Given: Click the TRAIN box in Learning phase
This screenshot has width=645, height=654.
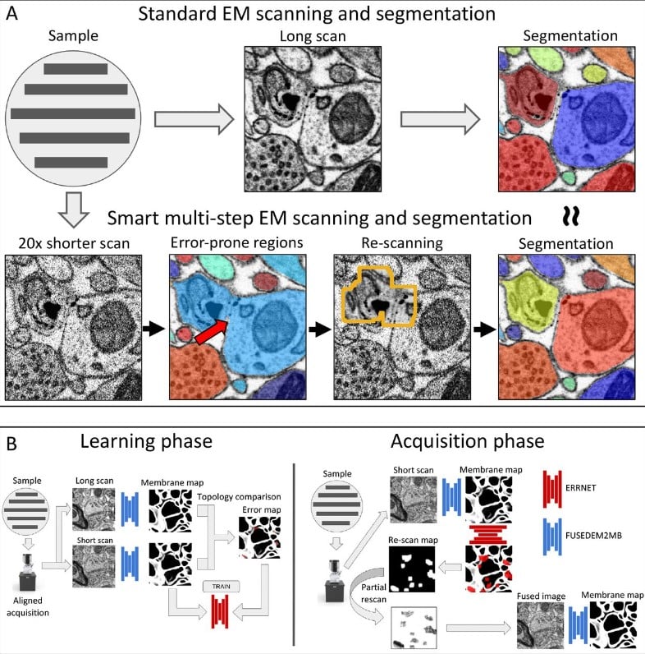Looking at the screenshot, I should coord(222,585).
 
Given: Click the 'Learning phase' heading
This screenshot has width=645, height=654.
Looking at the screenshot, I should coord(145,441).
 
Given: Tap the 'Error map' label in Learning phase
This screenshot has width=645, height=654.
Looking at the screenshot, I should coord(254,510).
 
